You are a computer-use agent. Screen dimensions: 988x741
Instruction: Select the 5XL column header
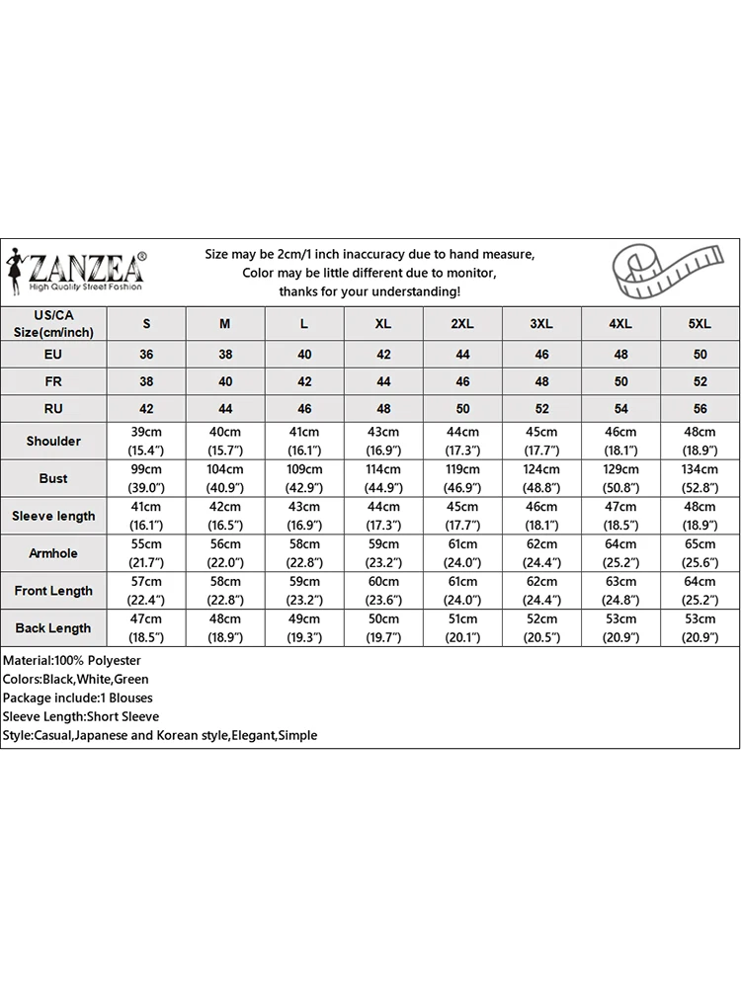click(700, 324)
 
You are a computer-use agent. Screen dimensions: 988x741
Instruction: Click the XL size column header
click(383, 324)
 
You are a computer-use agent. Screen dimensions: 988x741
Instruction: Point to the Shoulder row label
click(53, 441)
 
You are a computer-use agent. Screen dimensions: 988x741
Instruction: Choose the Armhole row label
click(53, 553)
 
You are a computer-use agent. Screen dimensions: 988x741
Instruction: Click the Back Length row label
click(53, 628)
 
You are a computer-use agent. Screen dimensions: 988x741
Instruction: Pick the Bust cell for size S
click(146, 478)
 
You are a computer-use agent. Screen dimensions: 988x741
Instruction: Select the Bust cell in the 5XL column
click(700, 478)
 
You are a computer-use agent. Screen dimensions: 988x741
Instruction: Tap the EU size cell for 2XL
click(462, 355)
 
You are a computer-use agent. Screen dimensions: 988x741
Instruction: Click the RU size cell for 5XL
click(700, 408)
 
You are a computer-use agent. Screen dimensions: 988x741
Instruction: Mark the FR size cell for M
click(225, 381)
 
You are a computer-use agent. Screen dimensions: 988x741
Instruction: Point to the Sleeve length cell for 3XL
click(541, 516)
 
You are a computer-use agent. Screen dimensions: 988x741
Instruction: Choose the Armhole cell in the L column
click(304, 553)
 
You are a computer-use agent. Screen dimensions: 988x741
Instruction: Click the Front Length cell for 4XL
click(620, 591)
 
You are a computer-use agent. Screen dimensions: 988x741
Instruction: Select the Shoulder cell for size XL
click(383, 441)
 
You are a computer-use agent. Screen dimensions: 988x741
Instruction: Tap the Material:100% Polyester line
click(72, 660)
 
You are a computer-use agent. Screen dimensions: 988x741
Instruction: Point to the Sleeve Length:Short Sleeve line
click(81, 716)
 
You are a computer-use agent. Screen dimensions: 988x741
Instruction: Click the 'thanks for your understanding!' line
click(370, 291)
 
